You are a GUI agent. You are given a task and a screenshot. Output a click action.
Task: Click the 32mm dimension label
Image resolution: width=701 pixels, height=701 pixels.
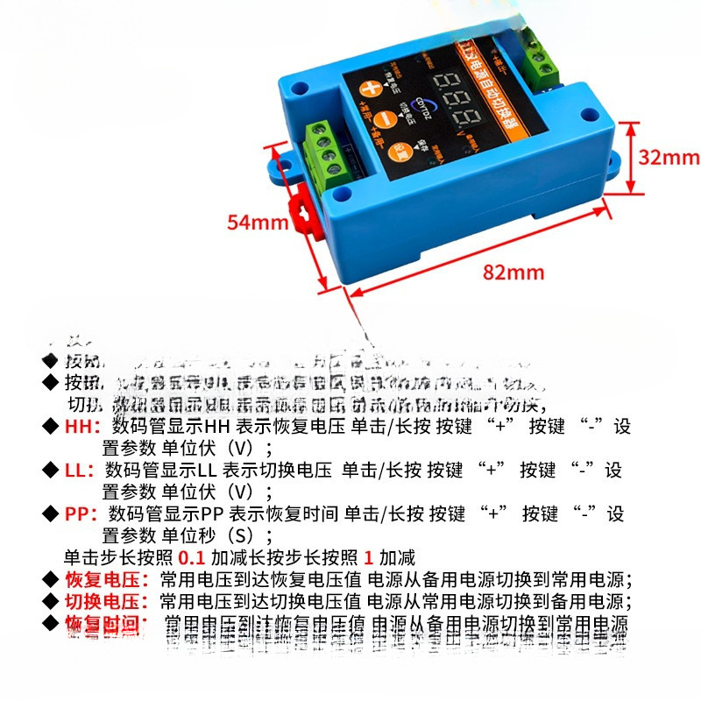(668, 158)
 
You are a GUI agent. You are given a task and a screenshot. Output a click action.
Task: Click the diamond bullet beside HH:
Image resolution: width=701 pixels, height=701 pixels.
(50, 427)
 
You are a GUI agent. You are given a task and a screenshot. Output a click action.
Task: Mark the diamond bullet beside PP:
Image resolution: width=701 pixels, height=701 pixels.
(50, 513)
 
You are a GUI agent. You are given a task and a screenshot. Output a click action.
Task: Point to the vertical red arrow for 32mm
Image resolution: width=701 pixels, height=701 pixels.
(629, 158)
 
